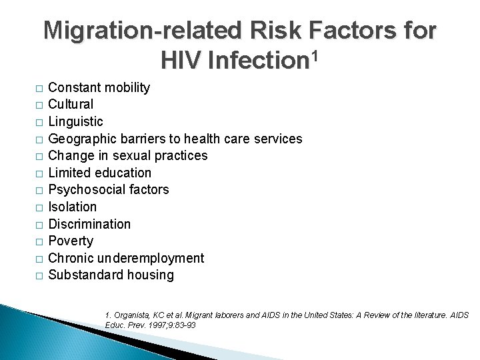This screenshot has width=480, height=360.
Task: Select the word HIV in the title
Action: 181,61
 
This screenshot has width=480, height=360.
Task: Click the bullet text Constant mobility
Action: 99,87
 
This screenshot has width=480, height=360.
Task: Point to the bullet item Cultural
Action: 71,105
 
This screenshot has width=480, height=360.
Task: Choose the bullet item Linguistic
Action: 76,121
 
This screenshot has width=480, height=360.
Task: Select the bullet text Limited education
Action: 100,173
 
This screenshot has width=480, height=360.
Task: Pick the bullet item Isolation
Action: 73,207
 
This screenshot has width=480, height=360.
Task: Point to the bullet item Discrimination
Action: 89,224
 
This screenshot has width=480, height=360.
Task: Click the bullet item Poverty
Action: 71,241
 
